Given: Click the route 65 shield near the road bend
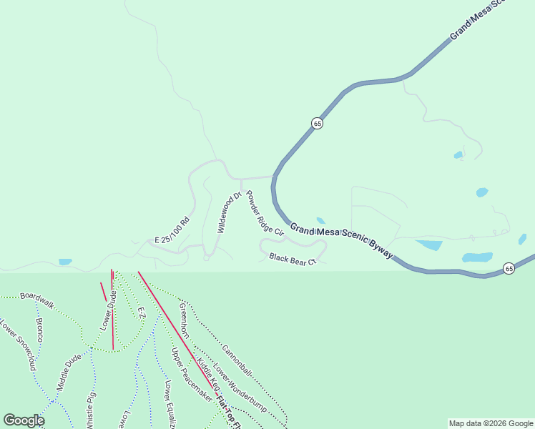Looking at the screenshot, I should pyautogui.click(x=318, y=123).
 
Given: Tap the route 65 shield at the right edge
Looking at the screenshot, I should pyautogui.click(x=509, y=268).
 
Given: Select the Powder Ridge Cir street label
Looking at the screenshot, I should pyautogui.click(x=265, y=213).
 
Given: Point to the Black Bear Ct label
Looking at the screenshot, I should pyautogui.click(x=293, y=259).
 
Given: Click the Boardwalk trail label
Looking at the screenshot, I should pyautogui.click(x=37, y=296).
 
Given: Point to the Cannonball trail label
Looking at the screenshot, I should pyautogui.click(x=237, y=360).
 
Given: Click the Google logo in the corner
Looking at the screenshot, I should pyautogui.click(x=24, y=420).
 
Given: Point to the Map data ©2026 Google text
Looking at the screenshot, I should pyautogui.click(x=491, y=423).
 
